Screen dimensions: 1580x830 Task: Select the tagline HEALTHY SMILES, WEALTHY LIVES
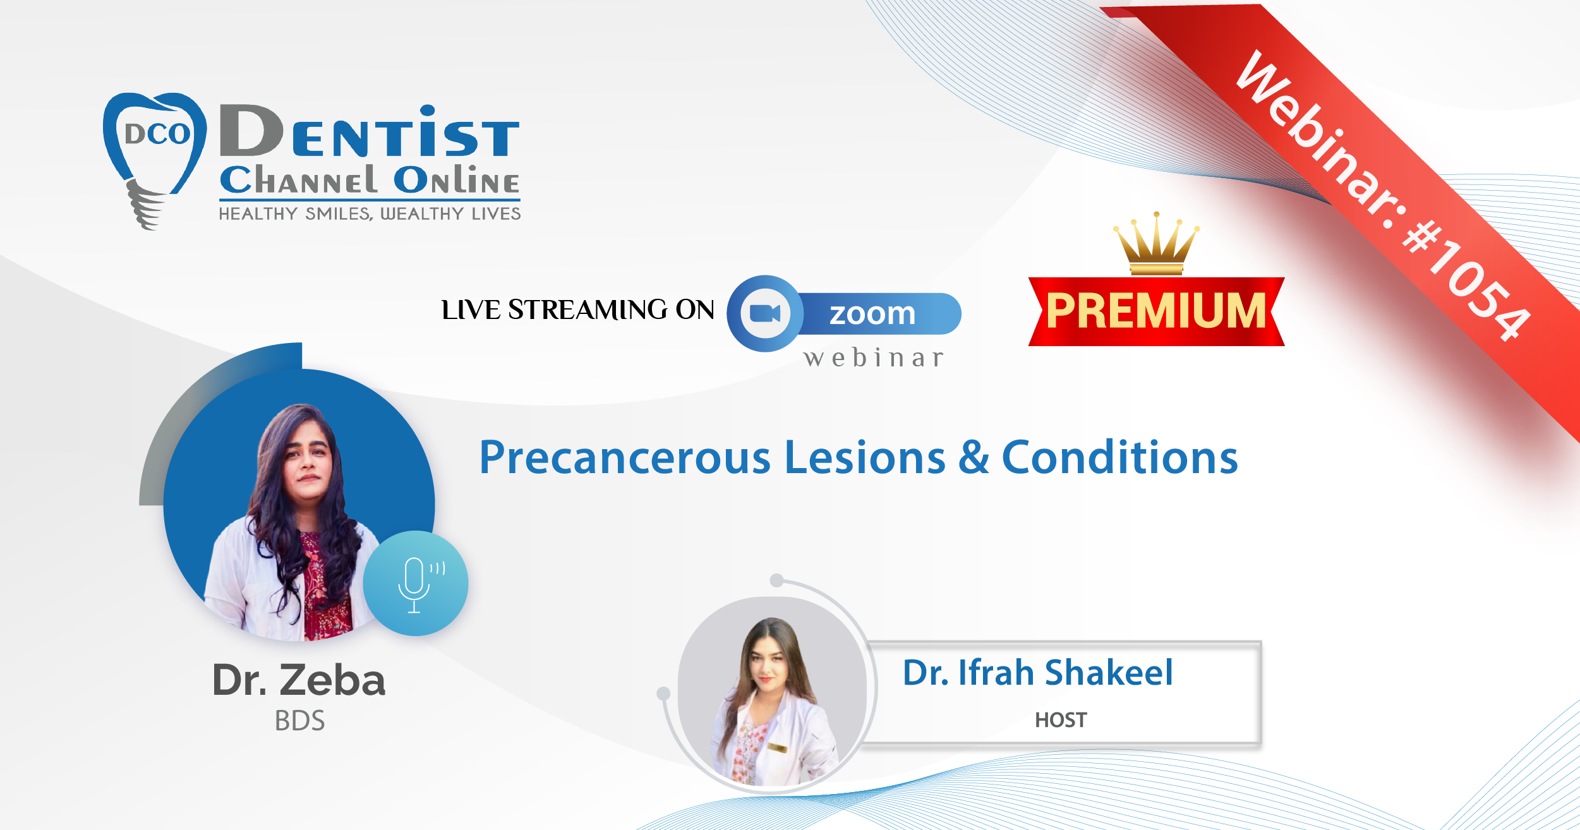(x=370, y=214)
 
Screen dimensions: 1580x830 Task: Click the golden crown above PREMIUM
(x=1156, y=244)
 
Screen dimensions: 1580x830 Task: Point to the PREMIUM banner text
(x=1156, y=311)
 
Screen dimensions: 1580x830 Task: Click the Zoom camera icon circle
(x=765, y=313)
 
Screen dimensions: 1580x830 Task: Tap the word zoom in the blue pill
(x=872, y=314)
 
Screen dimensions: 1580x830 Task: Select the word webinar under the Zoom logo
(x=874, y=358)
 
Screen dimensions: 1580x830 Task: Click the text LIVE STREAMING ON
(x=577, y=310)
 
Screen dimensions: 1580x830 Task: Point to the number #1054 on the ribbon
(x=1466, y=281)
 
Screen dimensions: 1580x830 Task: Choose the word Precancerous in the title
(x=625, y=457)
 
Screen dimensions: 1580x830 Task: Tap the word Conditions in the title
(x=1119, y=457)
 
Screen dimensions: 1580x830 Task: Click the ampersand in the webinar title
(x=974, y=457)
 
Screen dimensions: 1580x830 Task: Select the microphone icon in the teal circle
(x=417, y=585)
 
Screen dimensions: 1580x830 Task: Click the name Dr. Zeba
(x=299, y=680)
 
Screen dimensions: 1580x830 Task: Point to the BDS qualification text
(x=299, y=721)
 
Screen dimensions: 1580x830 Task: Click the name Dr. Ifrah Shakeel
(x=1038, y=672)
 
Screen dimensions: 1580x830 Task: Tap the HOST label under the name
(x=1061, y=720)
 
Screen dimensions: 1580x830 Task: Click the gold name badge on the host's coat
(x=777, y=748)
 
